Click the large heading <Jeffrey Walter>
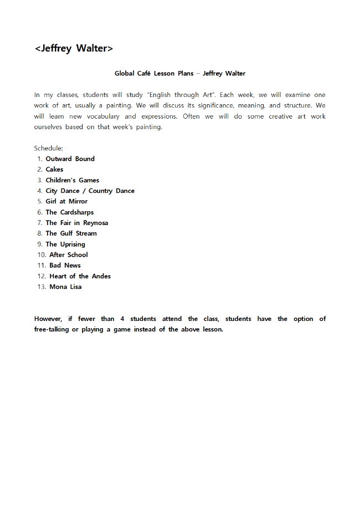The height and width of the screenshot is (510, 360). tap(74, 49)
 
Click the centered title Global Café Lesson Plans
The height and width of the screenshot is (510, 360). tap(179, 73)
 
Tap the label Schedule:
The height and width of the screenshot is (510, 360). tap(49, 148)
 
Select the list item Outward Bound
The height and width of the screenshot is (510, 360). tap(70, 159)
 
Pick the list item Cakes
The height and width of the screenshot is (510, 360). tap(54, 170)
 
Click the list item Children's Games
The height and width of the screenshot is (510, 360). tap(72, 180)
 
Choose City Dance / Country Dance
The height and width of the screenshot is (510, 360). tap(90, 191)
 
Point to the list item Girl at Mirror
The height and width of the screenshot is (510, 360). tap(66, 201)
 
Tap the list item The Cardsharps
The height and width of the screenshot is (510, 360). tap(69, 212)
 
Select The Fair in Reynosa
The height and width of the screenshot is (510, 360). tap(76, 223)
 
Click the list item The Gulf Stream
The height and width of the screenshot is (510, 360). tap(71, 233)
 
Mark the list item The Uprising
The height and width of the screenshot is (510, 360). tap(65, 244)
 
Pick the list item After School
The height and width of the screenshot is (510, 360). tap(68, 255)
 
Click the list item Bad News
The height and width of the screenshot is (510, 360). tap(65, 266)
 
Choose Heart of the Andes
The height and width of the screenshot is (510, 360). tap(80, 276)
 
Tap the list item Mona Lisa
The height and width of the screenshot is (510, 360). tap(65, 287)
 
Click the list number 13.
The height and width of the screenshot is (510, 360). tap(41, 287)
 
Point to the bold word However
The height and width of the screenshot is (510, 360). tap(49, 319)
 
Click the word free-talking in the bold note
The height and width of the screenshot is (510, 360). tap(52, 329)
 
